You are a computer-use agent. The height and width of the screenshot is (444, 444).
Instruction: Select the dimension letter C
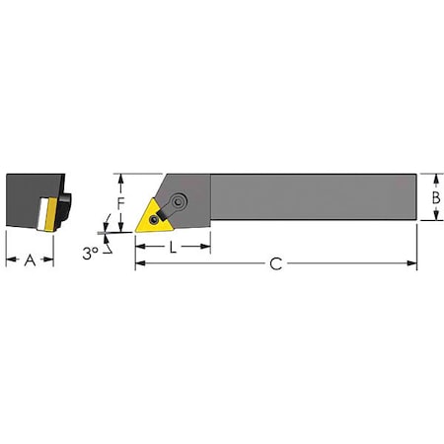click(x=276, y=263)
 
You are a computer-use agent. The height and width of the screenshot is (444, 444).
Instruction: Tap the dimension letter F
click(x=120, y=204)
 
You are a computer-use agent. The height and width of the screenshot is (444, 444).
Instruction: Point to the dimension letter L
click(x=173, y=248)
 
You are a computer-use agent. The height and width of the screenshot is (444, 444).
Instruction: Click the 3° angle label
click(x=90, y=253)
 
